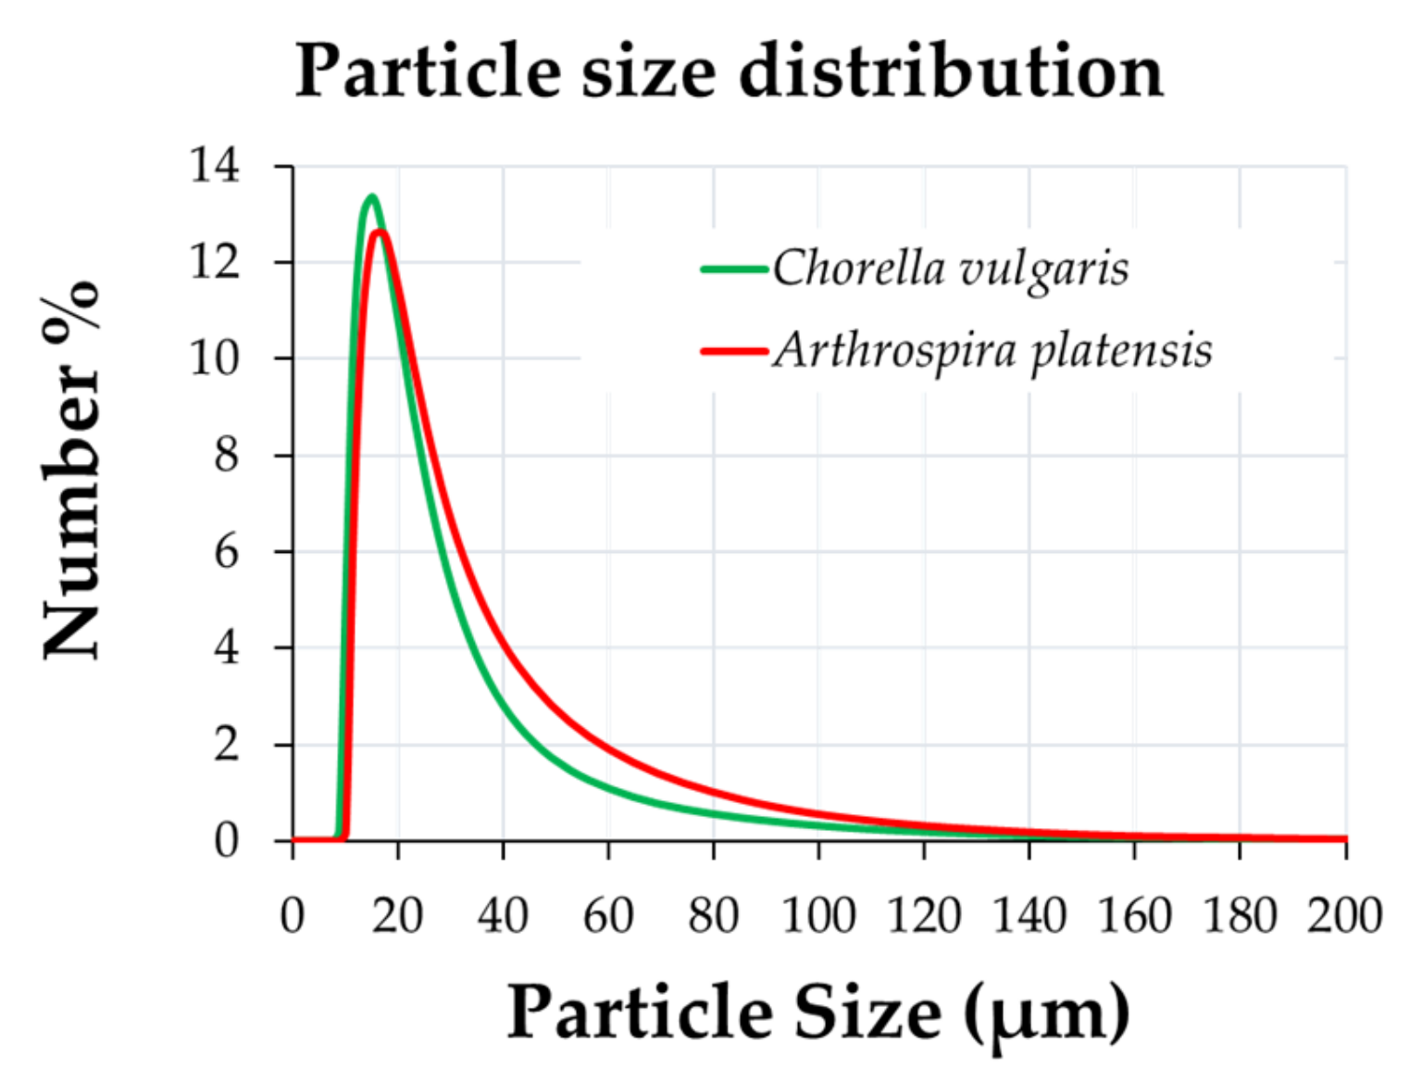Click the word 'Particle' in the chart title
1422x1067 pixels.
[x=427, y=71]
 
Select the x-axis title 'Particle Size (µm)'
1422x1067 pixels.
[x=818, y=1011]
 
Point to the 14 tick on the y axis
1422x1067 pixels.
[x=215, y=166]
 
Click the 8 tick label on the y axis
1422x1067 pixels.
[x=226, y=455]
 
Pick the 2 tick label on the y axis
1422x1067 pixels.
[x=226, y=744]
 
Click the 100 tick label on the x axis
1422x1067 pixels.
[x=818, y=916]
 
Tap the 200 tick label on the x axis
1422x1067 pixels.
[x=1344, y=916]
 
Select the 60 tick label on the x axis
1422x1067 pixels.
[x=608, y=916]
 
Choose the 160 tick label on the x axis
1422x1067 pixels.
[x=1134, y=916]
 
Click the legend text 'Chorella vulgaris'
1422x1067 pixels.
[x=951, y=270]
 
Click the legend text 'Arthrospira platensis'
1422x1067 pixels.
[x=992, y=351]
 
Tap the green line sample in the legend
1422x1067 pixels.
[x=734, y=270]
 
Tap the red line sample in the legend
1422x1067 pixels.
[x=734, y=352]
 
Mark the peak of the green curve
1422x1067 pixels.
[x=371, y=196]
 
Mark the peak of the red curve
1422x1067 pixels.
[x=380, y=231]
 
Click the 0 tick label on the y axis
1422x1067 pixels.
[x=226, y=840]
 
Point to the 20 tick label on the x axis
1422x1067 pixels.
[x=397, y=916]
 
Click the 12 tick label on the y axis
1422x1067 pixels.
[x=215, y=262]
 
